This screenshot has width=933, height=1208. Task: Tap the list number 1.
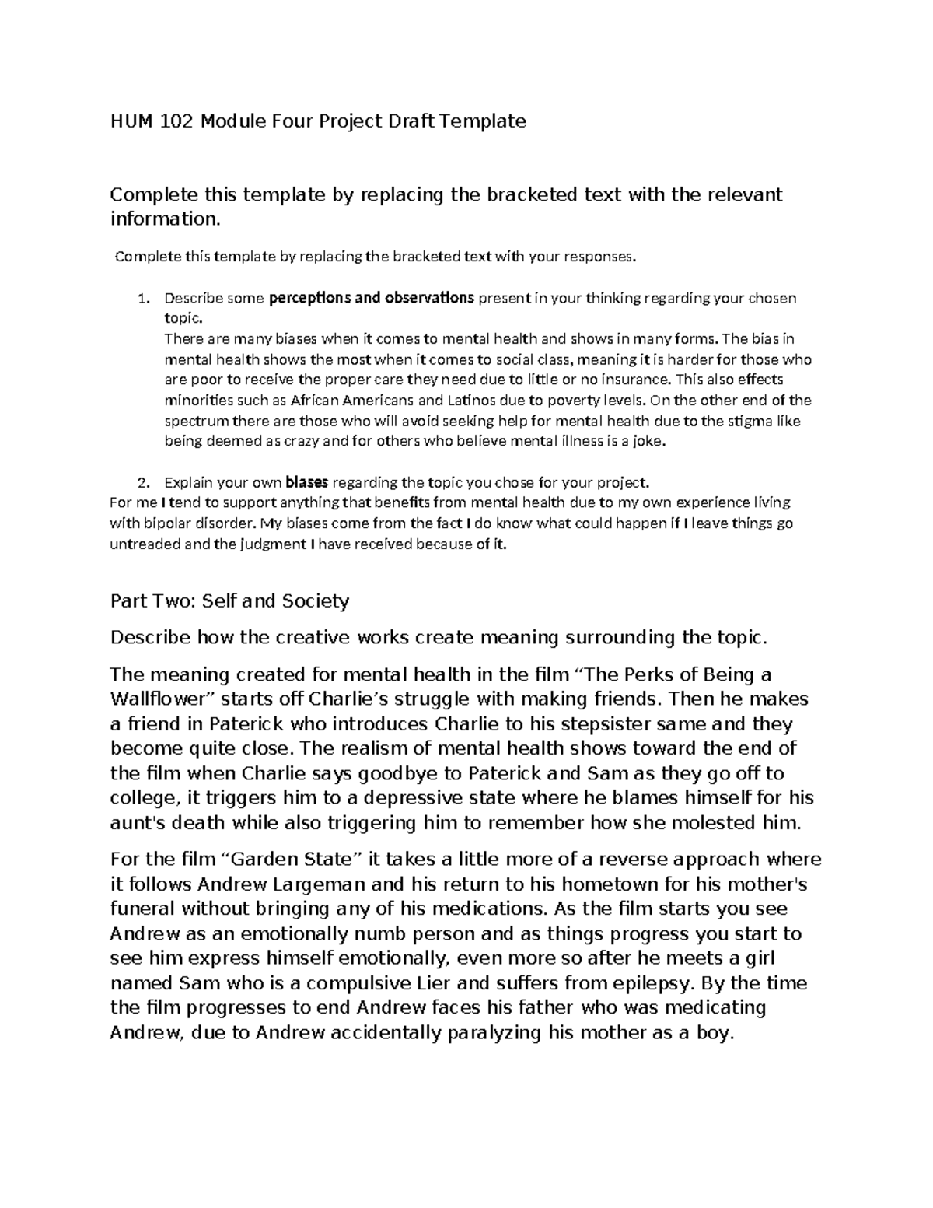tap(142, 298)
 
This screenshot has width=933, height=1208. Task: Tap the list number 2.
tap(142, 482)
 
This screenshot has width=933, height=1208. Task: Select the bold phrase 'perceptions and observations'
tap(371, 298)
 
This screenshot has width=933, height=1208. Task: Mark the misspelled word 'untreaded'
tap(144, 544)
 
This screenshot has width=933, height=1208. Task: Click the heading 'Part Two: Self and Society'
tap(229, 601)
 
